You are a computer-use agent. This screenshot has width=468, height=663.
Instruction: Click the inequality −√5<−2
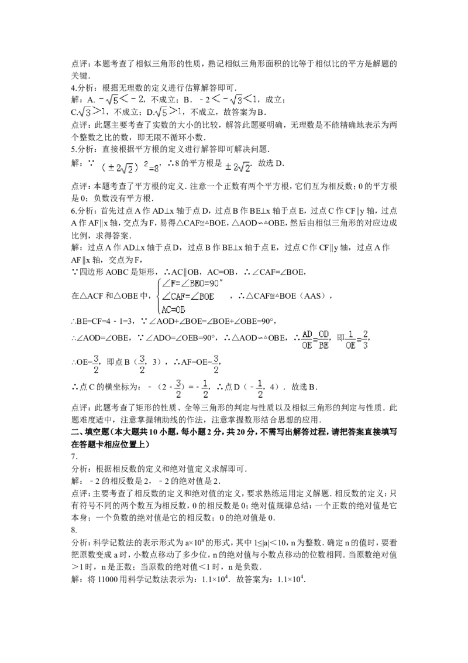point(119,99)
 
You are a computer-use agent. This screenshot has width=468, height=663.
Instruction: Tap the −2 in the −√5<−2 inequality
point(138,99)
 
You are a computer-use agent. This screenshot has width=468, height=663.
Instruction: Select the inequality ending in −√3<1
point(234,100)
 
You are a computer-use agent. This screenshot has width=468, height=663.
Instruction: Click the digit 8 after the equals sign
point(157,169)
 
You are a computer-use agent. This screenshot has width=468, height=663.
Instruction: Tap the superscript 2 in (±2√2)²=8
point(146,165)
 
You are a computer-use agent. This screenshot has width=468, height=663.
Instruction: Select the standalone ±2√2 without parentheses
point(238,167)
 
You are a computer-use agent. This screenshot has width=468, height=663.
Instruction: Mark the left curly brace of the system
point(159,297)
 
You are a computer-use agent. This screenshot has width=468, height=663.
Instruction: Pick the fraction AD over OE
point(307,340)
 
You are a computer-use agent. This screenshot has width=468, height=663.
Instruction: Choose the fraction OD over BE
point(324,340)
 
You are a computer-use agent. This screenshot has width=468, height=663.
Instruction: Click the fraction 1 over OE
point(350,340)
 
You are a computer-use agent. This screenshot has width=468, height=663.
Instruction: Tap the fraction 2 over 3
point(366,340)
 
